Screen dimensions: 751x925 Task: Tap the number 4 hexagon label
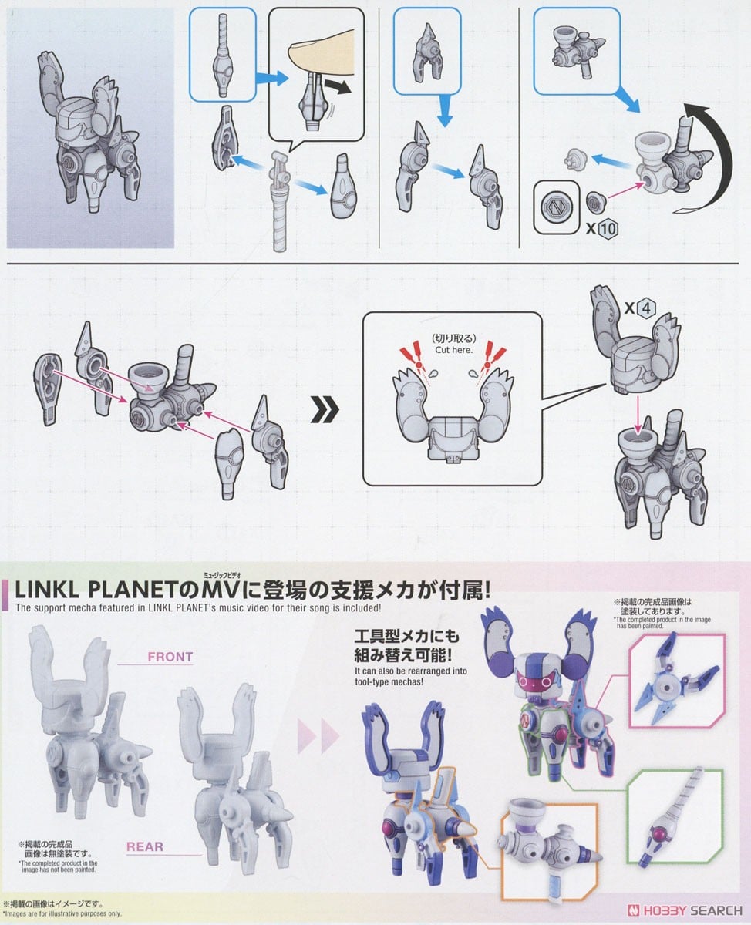tap(646, 308)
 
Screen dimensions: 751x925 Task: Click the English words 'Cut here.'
tap(453, 350)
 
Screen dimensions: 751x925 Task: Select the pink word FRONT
tap(170, 657)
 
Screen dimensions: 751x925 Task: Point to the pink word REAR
tap(145, 846)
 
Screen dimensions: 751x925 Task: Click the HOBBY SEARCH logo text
tap(685, 910)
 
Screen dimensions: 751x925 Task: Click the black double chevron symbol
tap(325, 409)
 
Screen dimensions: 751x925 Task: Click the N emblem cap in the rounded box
tap(556, 207)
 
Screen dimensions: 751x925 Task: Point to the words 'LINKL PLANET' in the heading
tap(96, 590)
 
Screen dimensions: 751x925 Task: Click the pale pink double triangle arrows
tap(318, 735)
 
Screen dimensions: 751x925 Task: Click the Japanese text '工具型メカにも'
tap(406, 637)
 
